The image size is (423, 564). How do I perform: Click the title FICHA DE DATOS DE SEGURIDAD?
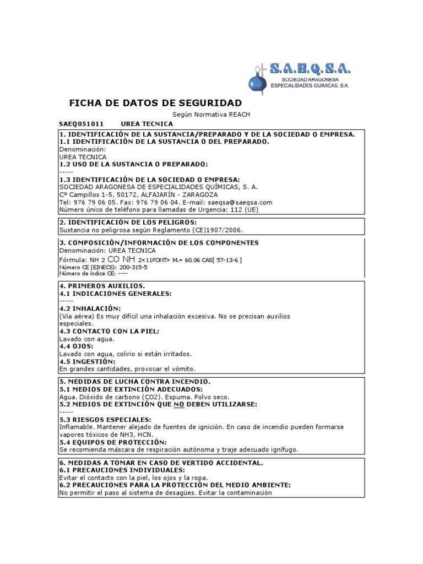[x=155, y=103]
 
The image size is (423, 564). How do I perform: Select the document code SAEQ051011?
[x=81, y=124]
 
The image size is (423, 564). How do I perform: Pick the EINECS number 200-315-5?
[x=127, y=267]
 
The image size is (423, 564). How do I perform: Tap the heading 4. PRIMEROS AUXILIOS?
[x=102, y=286]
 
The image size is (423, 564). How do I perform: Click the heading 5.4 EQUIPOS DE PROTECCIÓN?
[x=112, y=442]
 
